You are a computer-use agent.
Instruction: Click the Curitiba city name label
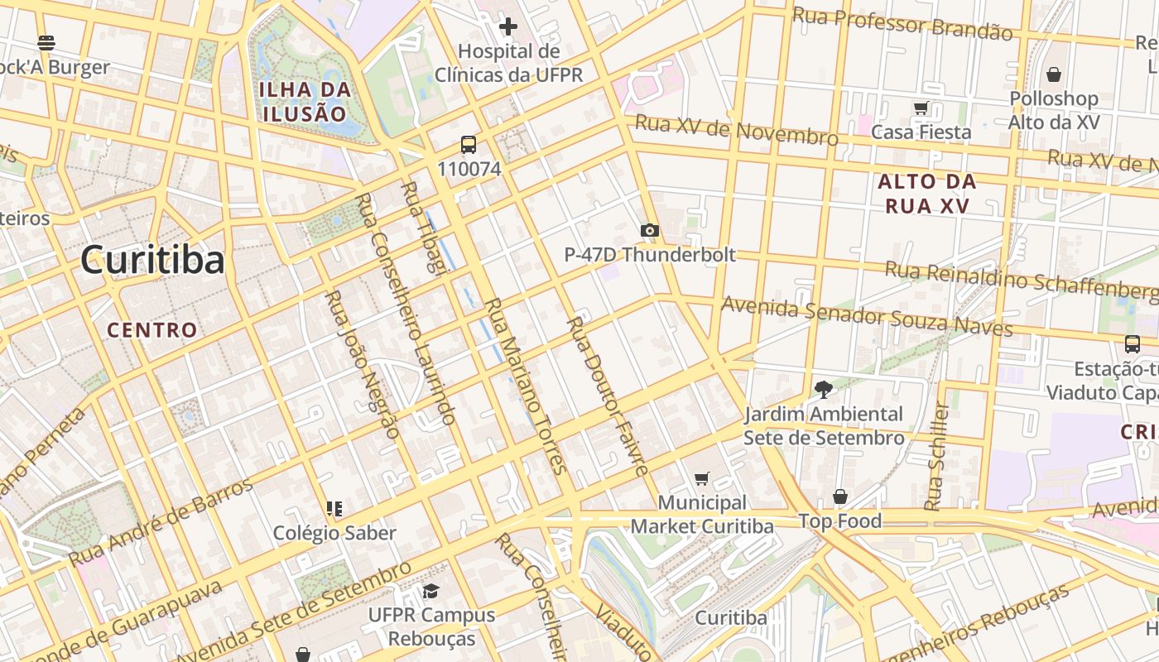(x=152, y=260)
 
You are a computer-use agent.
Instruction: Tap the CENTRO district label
(x=152, y=330)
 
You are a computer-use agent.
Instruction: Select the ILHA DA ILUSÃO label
(x=303, y=102)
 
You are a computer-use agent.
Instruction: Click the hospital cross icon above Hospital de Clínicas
(x=508, y=27)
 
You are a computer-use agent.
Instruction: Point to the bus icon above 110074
(x=469, y=146)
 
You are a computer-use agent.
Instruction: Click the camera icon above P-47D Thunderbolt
(x=650, y=231)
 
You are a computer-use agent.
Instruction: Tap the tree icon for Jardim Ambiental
(x=823, y=389)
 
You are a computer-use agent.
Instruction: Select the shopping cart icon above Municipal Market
(x=702, y=478)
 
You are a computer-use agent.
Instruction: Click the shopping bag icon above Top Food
(x=839, y=496)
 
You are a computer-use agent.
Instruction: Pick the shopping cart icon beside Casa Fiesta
(x=921, y=108)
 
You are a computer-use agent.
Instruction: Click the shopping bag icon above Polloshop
(x=1053, y=75)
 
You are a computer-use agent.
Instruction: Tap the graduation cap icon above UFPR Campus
(x=430, y=591)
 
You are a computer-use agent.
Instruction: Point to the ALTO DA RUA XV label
(x=927, y=194)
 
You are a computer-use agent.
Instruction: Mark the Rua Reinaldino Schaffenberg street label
(x=1021, y=280)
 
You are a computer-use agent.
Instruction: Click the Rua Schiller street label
(x=935, y=457)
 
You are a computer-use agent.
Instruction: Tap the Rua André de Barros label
(x=161, y=521)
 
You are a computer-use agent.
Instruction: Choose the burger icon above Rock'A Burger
(x=46, y=43)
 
